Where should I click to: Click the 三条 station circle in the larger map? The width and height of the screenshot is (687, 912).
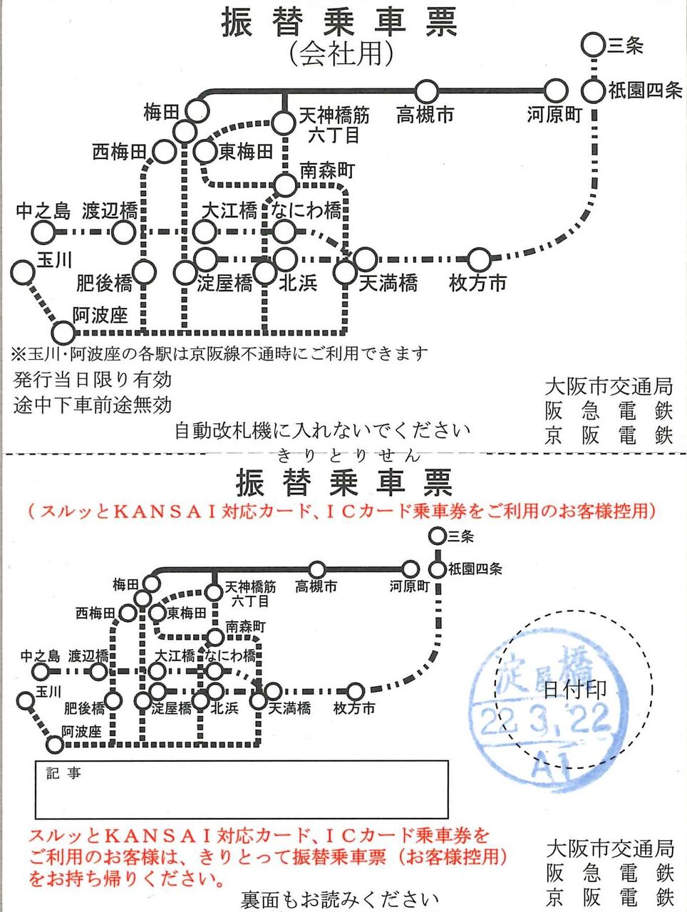(593, 45)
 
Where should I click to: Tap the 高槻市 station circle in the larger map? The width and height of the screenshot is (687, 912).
(426, 91)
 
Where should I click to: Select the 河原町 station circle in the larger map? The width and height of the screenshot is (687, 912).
(555, 91)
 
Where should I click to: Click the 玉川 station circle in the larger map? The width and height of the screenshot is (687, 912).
(23, 272)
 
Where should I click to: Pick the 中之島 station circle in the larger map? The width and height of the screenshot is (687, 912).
(43, 232)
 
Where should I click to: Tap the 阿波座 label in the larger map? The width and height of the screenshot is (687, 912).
(100, 315)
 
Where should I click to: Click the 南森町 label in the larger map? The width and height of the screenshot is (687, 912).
(326, 170)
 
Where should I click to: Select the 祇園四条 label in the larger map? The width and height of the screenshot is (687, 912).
(645, 91)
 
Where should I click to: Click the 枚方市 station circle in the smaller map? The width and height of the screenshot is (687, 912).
(355, 691)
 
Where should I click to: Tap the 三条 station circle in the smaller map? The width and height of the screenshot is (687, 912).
(437, 536)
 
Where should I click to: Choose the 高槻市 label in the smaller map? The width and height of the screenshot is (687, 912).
(316, 586)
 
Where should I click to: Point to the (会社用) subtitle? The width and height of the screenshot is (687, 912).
(341, 54)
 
